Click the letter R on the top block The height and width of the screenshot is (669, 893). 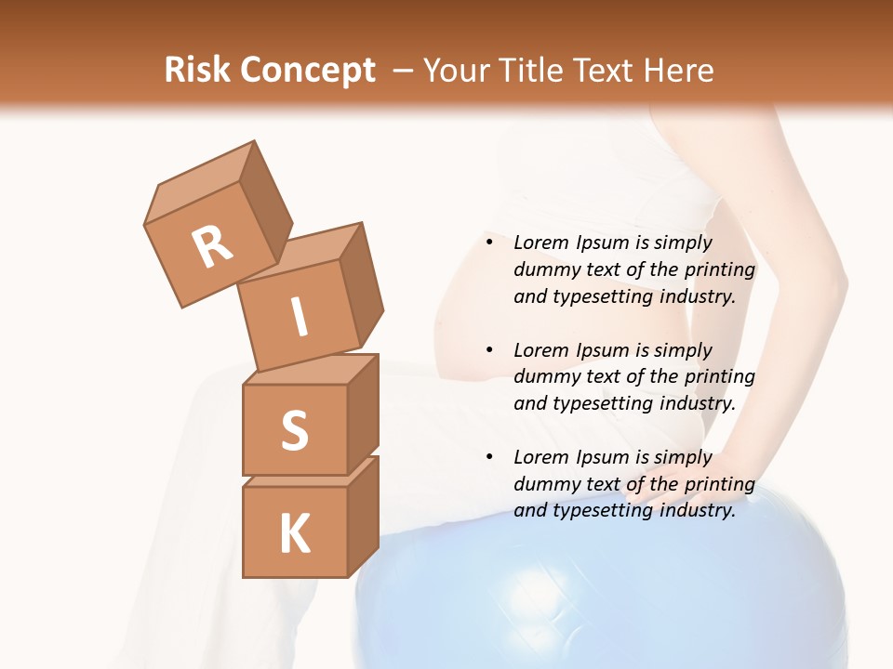212,246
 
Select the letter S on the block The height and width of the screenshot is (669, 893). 294,430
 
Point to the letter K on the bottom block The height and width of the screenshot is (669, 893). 294,534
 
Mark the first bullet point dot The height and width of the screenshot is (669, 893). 489,243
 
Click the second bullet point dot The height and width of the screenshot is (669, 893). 489,350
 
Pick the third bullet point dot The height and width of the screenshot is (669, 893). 489,457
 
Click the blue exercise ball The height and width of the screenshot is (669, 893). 595,595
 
